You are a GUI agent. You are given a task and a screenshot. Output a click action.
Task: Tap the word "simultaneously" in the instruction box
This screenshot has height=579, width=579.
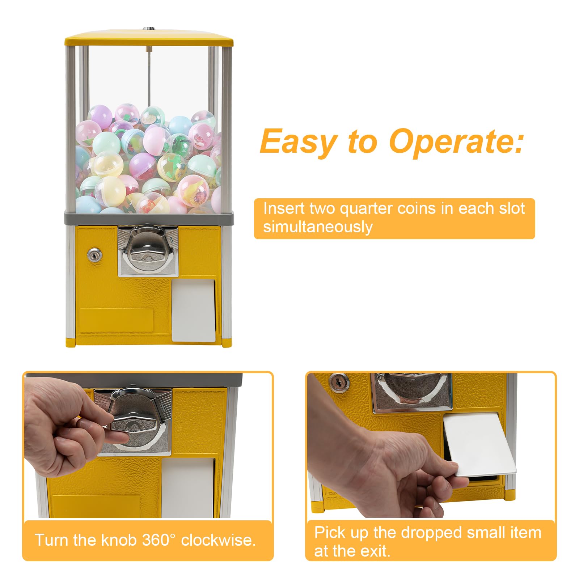[318, 227]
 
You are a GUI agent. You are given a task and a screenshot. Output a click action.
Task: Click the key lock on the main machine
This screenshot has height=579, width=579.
[94, 255]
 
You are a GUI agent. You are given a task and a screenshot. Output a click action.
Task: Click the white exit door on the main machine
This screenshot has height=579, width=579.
[193, 310]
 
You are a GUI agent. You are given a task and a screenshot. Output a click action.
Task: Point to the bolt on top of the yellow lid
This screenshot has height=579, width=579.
[147, 29]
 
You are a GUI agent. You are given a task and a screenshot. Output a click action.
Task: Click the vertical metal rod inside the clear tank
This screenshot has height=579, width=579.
[148, 76]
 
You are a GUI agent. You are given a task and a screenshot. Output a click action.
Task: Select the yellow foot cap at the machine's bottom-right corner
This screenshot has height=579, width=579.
[227, 343]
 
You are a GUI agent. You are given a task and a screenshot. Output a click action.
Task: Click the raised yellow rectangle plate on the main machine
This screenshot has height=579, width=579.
[116, 319]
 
